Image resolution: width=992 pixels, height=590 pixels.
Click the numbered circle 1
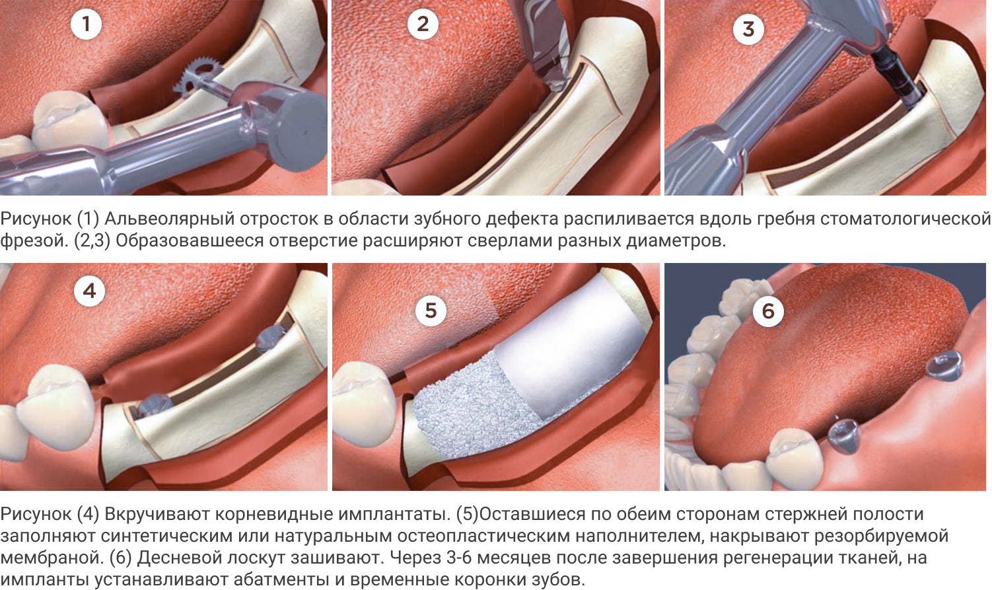click(87, 24)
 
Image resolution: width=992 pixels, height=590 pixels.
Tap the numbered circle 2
click(423, 24)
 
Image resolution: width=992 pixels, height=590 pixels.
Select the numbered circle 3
click(748, 29)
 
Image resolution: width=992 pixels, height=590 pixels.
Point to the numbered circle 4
click(90, 291)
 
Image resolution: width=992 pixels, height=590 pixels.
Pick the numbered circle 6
click(768, 311)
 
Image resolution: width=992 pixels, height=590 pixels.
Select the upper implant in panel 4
click(271, 338)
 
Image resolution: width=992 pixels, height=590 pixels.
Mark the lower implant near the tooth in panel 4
click(153, 404)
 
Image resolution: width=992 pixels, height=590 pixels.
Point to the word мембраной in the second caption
click(52, 557)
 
